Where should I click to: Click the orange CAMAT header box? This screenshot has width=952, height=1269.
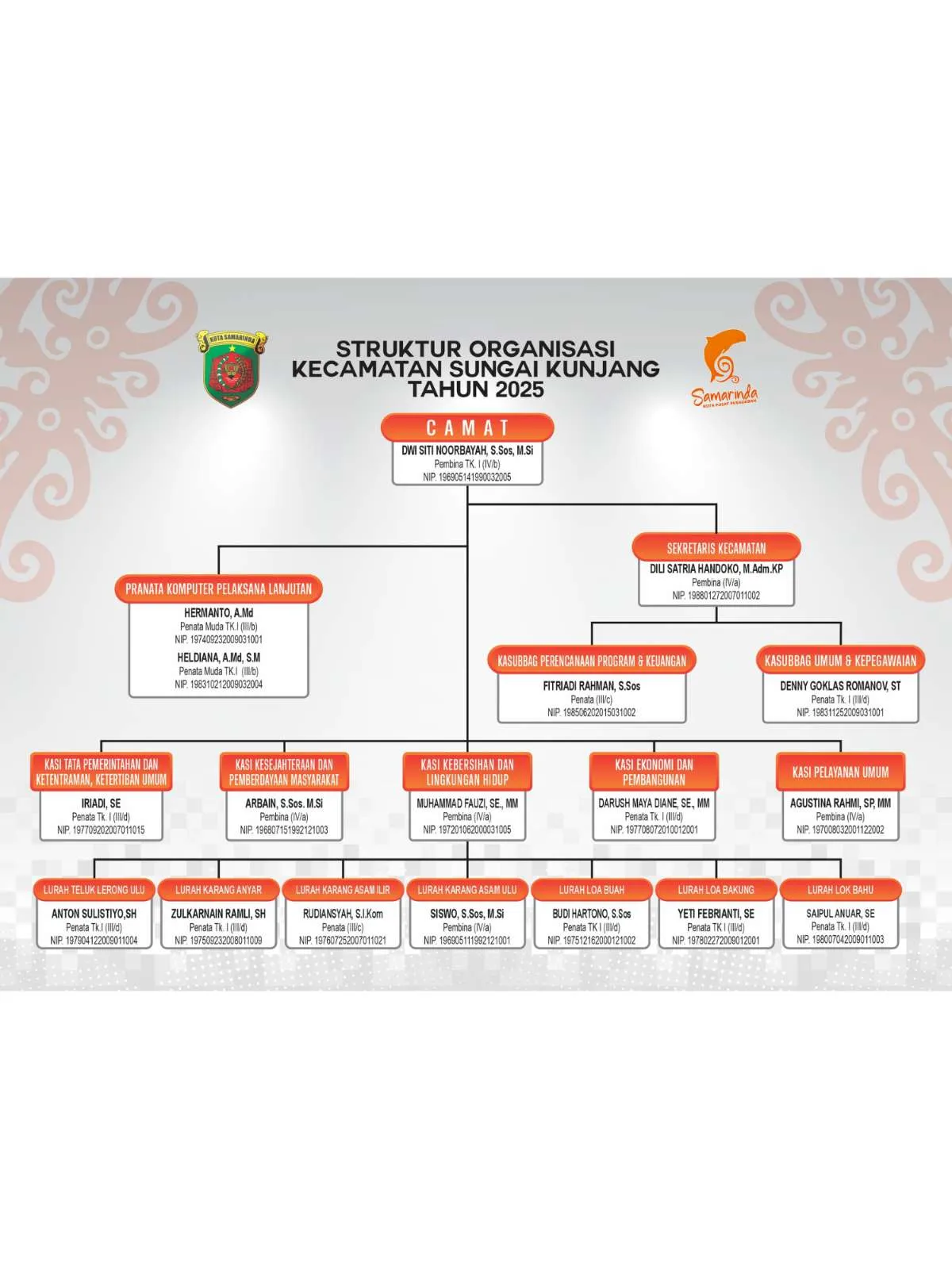pos(467,427)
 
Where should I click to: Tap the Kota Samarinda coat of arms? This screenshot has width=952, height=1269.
pos(232,368)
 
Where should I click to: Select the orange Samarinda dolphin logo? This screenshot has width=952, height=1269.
pos(725,368)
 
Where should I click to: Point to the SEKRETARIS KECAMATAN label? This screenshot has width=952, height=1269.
pos(716,548)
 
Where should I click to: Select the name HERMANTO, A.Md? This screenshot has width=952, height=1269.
pos(218,613)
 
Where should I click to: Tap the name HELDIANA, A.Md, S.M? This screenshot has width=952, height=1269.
pos(218,658)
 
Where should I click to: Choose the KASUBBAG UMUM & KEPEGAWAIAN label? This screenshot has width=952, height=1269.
pos(840,661)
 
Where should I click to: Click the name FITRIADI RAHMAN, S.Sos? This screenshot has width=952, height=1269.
pos(591,686)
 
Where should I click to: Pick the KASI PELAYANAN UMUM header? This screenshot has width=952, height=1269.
pos(840,772)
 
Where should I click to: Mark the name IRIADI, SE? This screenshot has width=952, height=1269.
pos(102,803)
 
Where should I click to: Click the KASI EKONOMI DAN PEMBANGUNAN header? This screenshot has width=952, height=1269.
pos(654,772)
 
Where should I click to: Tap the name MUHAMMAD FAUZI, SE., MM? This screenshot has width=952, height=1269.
pos(467,803)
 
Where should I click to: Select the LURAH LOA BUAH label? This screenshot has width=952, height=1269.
pos(591,890)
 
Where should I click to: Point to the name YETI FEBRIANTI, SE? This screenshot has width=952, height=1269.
pos(716,914)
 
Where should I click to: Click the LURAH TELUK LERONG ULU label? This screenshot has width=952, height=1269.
pos(94,890)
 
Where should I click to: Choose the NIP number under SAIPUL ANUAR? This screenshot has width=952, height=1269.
pos(840,940)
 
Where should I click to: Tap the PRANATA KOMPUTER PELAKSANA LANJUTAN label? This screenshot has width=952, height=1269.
pos(218,589)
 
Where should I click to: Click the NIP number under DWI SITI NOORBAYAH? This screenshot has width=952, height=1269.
pos(467,477)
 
